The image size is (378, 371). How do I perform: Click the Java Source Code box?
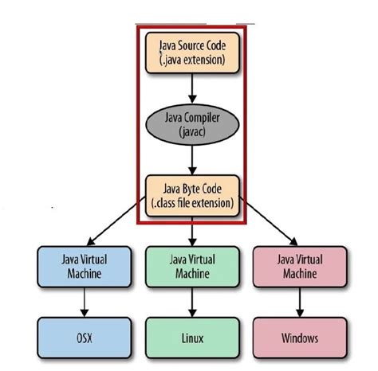coord(191,53)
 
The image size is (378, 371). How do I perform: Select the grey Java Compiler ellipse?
coord(191,124)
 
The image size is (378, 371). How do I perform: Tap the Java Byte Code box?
coord(191,194)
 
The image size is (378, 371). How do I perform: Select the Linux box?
coord(191,338)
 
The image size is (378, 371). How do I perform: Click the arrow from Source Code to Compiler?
coord(191,88)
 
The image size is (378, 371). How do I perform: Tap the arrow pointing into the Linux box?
coord(191,303)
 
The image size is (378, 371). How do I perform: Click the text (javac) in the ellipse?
coord(191,131)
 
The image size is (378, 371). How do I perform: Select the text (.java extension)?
coord(191,61)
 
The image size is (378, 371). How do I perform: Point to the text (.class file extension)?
coord(191,202)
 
